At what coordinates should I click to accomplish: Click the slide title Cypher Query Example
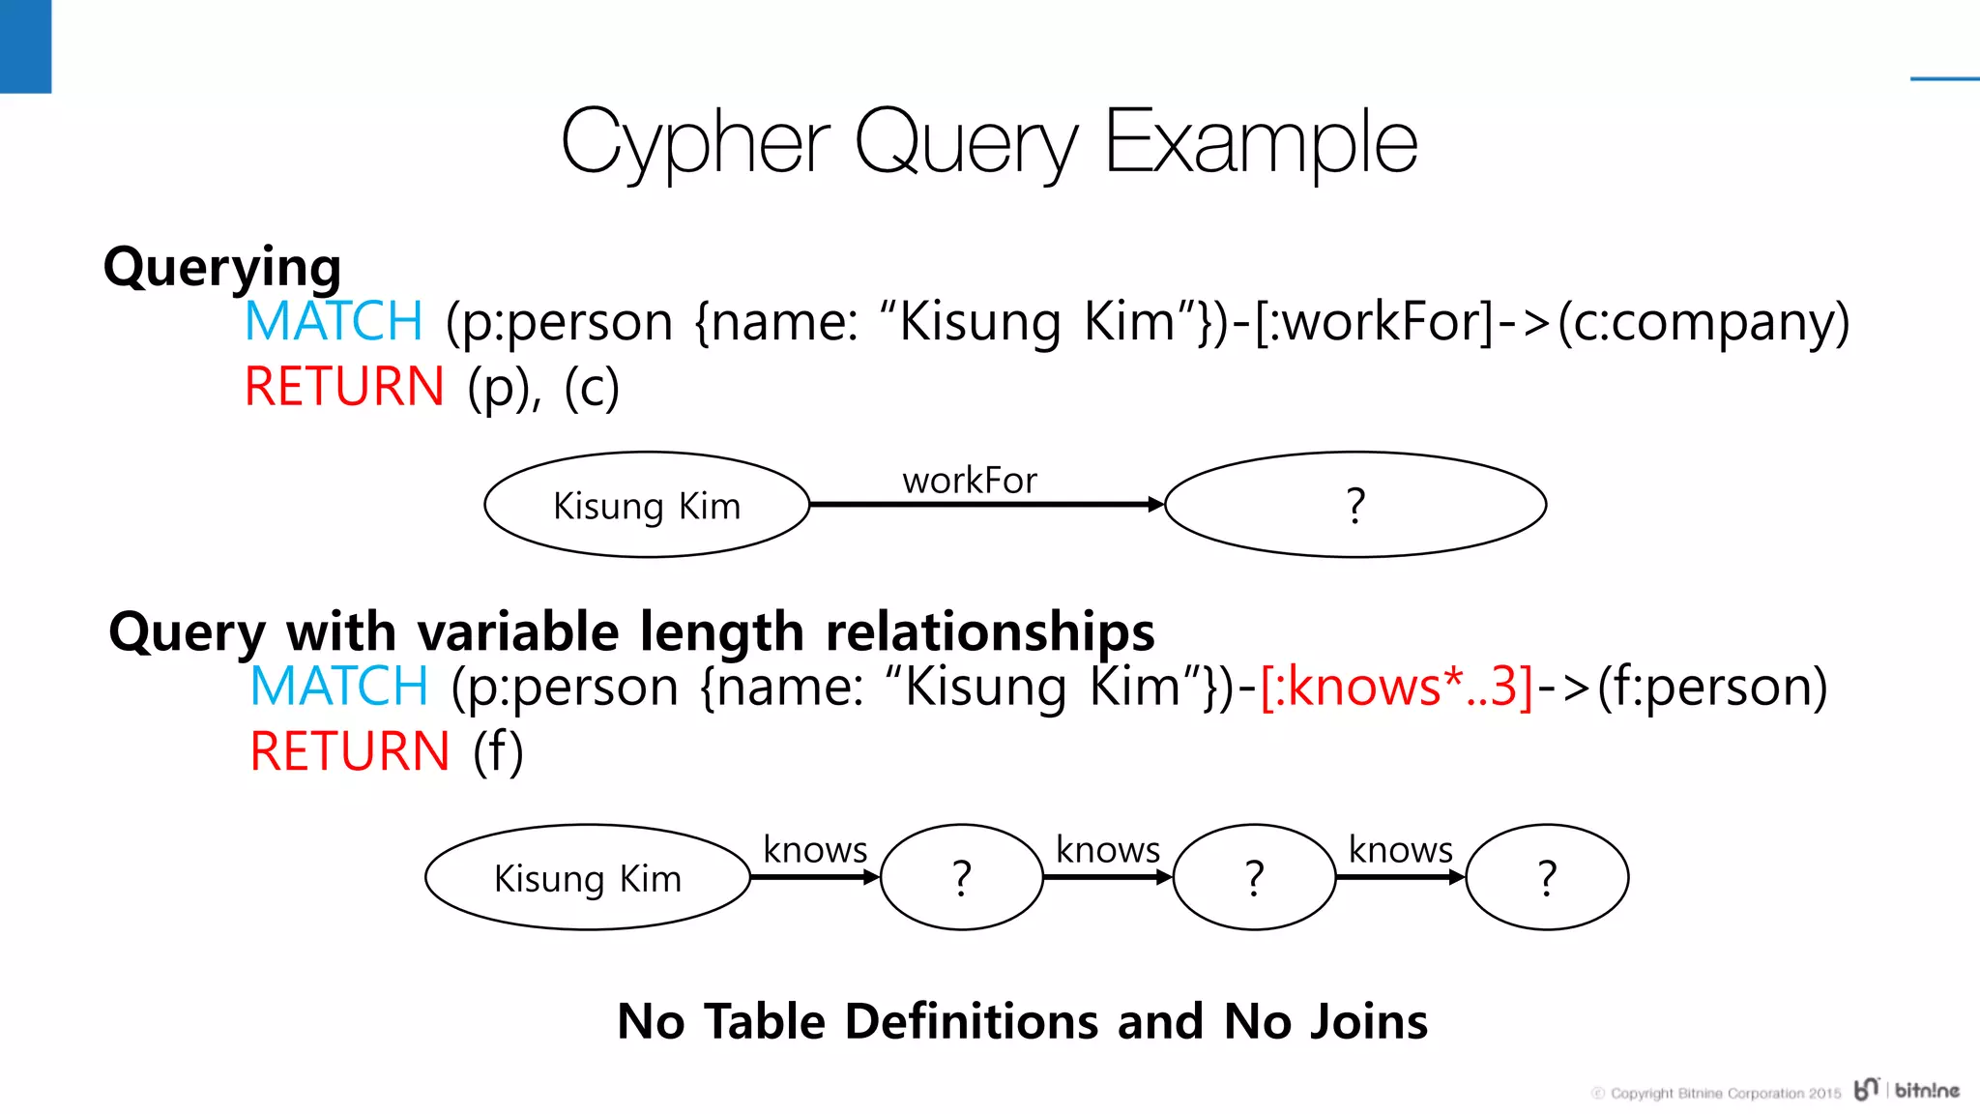[988, 143]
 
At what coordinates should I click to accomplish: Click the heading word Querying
[222, 267]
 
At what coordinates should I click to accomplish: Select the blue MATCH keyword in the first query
[334, 321]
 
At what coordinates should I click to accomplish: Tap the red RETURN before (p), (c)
[343, 387]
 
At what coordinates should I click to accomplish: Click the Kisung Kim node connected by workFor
[646, 505]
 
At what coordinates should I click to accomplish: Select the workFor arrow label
[969, 480]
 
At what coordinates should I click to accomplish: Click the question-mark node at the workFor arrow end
[1354, 505]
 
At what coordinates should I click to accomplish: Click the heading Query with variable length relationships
[631, 631]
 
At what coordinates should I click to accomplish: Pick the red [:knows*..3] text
[1397, 687]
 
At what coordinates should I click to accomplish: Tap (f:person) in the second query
[1712, 687]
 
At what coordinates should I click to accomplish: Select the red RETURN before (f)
[349, 751]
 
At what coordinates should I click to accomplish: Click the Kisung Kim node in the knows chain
[587, 878]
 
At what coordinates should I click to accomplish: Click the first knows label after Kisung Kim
[814, 849]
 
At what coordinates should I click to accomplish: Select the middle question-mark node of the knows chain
[1254, 878]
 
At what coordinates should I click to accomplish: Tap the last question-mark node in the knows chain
[1547, 878]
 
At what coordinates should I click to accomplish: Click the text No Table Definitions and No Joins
[1022, 1021]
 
